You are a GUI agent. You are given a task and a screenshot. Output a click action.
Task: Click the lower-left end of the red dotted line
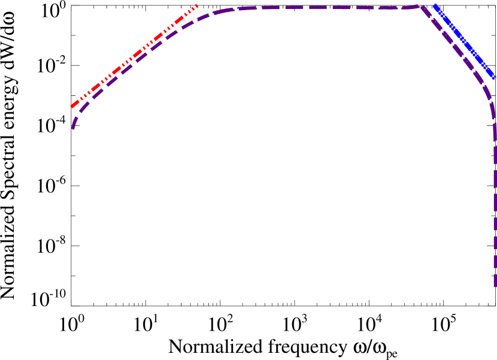point(72,107)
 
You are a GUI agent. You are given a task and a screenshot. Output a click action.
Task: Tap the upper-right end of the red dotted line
point(197,5)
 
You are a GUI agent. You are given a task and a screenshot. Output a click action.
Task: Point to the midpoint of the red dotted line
point(135,56)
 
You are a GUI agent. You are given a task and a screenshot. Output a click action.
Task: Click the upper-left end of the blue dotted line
point(434,5)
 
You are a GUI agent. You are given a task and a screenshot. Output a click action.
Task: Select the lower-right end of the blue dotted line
point(494,78)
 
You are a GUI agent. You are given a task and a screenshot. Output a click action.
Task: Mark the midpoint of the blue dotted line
point(464,41)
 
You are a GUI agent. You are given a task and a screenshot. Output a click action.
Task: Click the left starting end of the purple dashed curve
point(73,129)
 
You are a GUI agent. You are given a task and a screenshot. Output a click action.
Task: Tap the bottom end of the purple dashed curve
point(495,286)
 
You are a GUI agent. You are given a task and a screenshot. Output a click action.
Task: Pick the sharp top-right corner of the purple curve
point(422,6)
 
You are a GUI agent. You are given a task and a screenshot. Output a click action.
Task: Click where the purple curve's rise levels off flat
point(234,9)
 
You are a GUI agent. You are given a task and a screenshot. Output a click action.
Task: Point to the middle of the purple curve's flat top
point(326,8)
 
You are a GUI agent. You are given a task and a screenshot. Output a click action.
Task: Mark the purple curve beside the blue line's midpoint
point(456,48)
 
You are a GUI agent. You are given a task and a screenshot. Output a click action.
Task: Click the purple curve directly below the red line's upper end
point(197,20)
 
